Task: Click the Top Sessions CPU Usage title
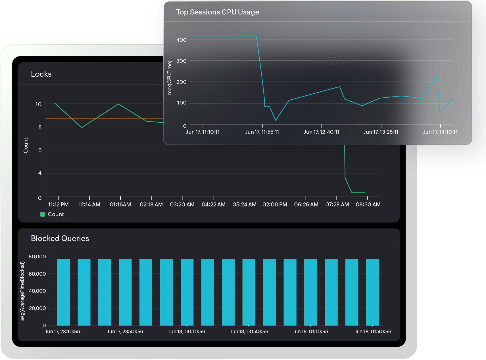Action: (x=218, y=12)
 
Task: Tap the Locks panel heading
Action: (x=41, y=74)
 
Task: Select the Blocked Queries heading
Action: (x=60, y=238)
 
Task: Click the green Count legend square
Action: (x=43, y=214)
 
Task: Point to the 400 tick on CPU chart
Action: (x=181, y=40)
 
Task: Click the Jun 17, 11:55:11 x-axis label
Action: (x=262, y=132)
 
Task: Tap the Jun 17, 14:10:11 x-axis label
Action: (x=440, y=132)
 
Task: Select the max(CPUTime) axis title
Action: (x=170, y=78)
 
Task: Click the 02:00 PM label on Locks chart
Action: (x=275, y=205)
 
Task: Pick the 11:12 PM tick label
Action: (x=58, y=205)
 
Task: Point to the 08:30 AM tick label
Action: (x=368, y=205)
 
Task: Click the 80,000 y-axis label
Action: (x=37, y=257)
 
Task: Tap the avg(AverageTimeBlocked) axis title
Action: (x=22, y=291)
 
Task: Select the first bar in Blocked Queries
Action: (x=63, y=292)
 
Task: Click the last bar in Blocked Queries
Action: (x=372, y=292)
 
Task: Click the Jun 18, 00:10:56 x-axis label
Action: (x=187, y=332)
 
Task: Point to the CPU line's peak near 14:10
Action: (x=436, y=77)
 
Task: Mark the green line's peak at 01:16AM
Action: (x=118, y=104)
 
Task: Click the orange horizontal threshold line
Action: (x=102, y=118)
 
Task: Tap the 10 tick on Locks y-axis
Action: (x=38, y=104)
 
